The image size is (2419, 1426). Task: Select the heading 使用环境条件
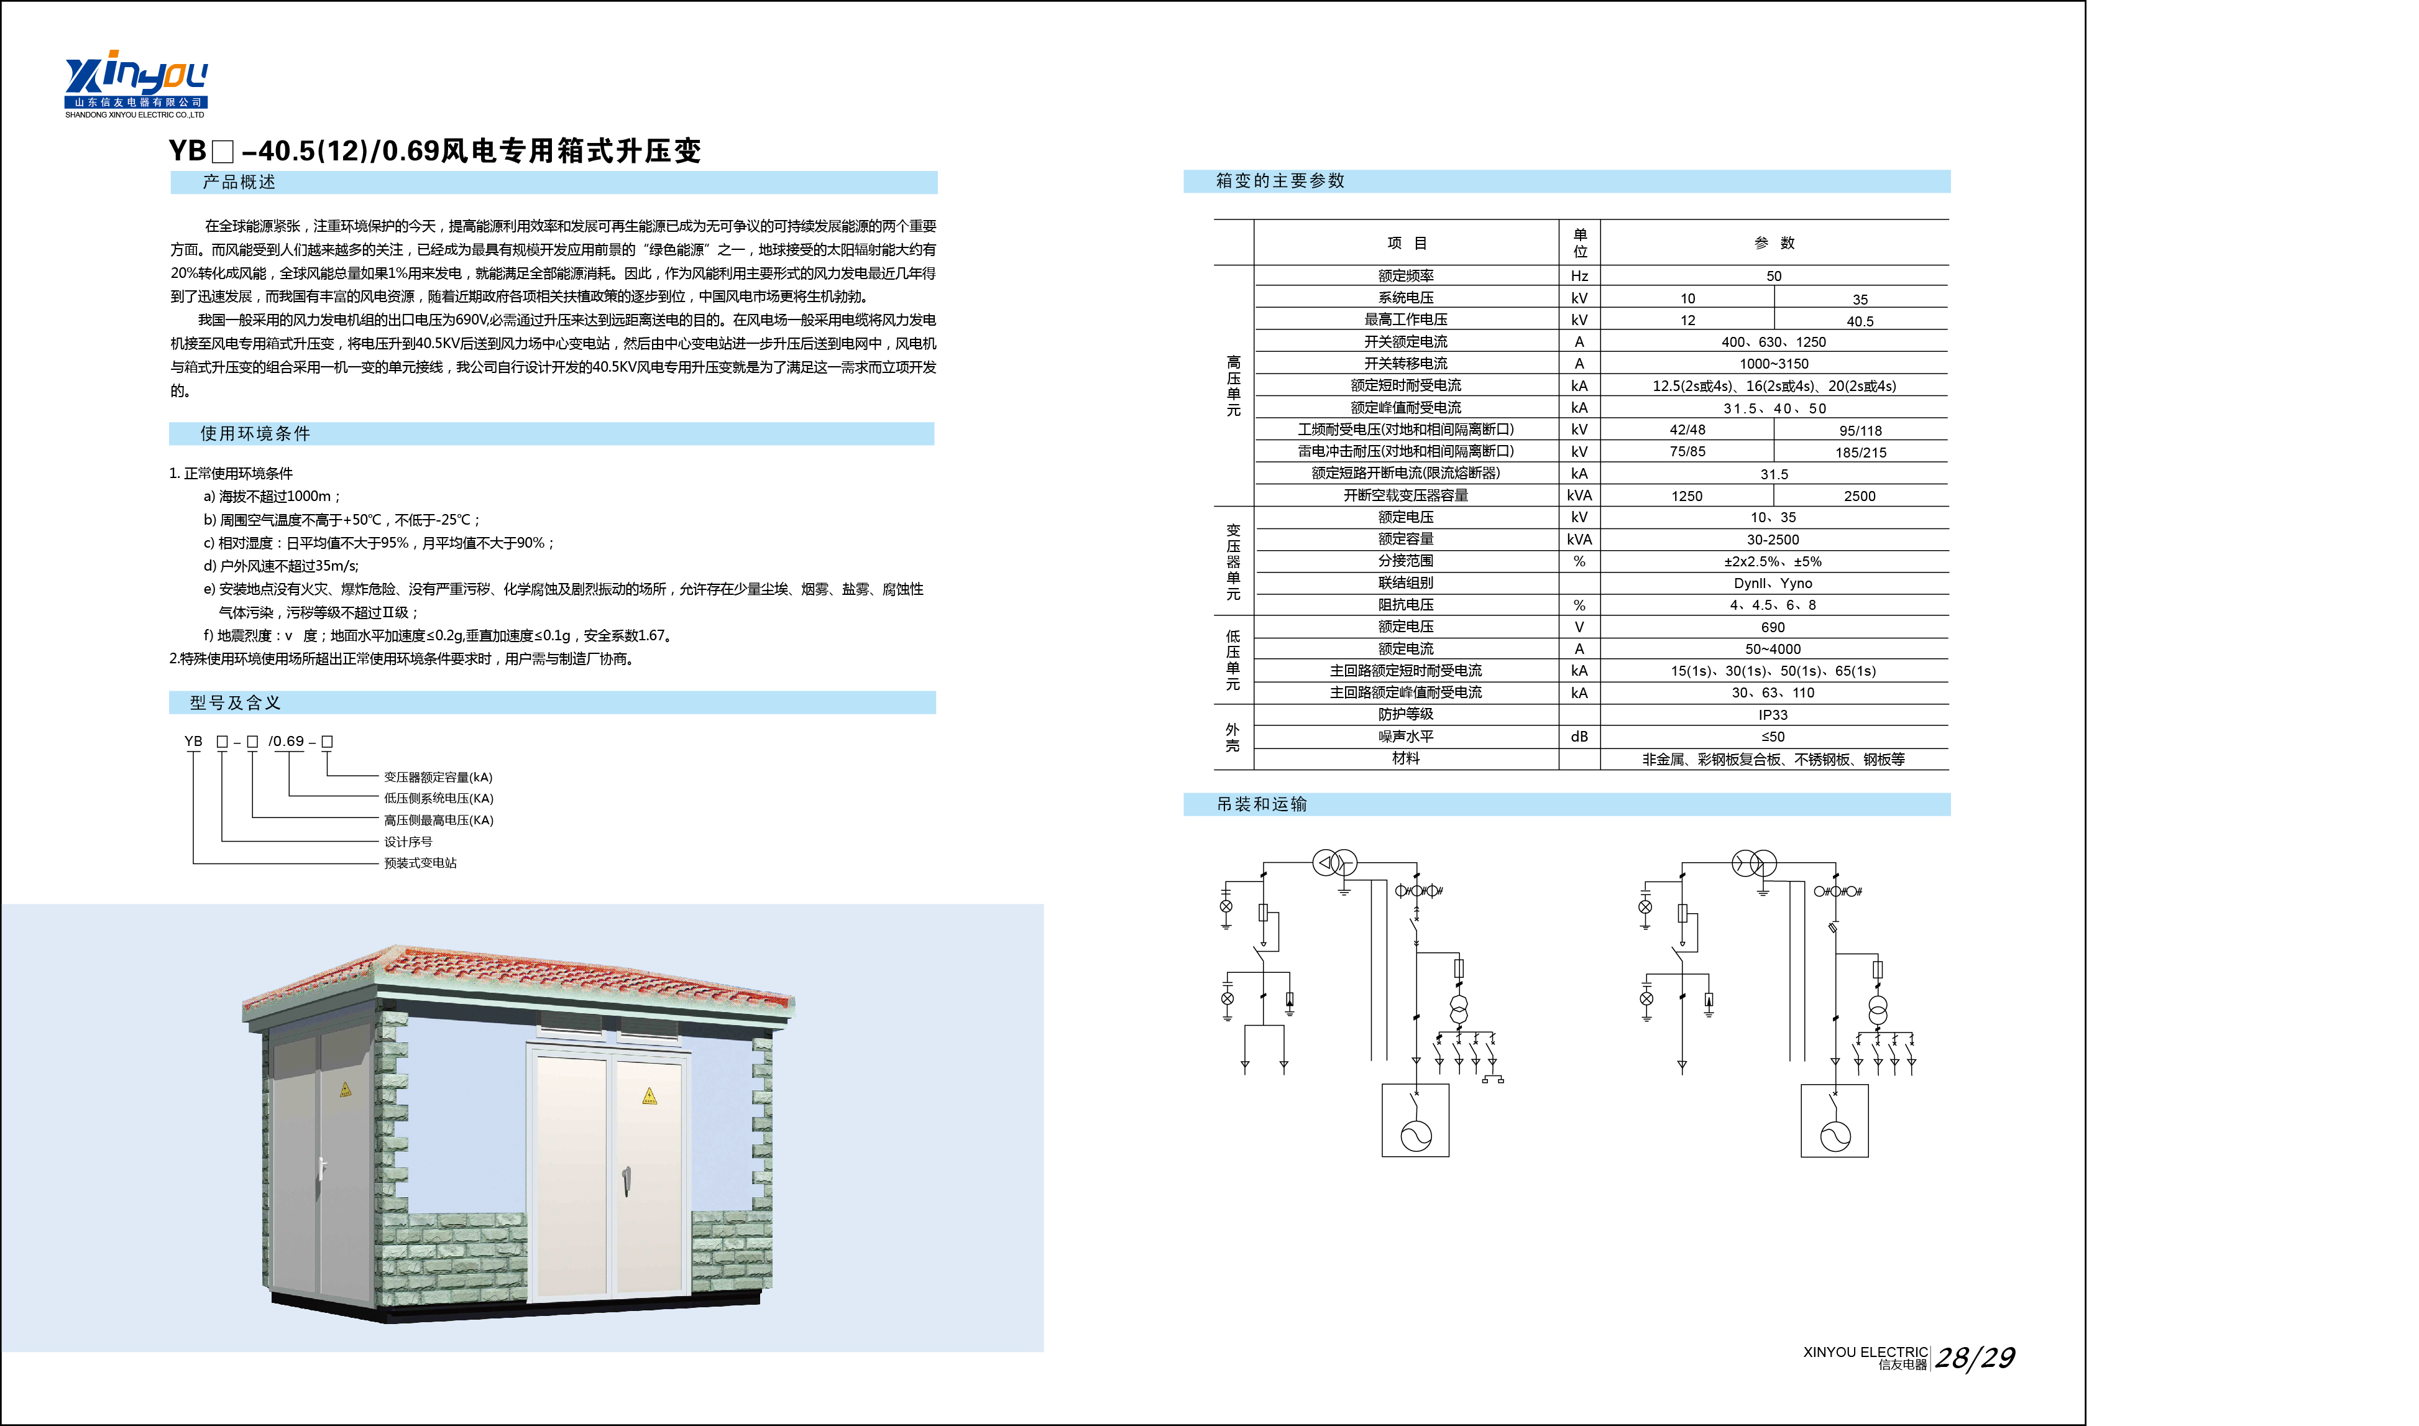point(255,433)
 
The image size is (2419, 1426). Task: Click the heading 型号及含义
point(236,702)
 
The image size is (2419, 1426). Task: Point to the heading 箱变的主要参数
point(1280,181)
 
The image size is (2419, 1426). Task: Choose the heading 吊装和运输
point(1261,804)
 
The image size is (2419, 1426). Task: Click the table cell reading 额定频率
point(1405,276)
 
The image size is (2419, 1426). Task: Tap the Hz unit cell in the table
point(1579,276)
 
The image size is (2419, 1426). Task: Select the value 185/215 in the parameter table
point(1860,452)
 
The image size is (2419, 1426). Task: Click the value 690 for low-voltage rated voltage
point(1773,627)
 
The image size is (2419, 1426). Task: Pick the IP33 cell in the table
point(1773,715)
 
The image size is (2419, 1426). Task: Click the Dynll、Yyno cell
point(1773,583)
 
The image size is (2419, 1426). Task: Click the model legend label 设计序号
point(408,842)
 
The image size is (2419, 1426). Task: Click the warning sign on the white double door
point(650,1097)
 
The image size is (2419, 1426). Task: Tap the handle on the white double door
point(627,1179)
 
